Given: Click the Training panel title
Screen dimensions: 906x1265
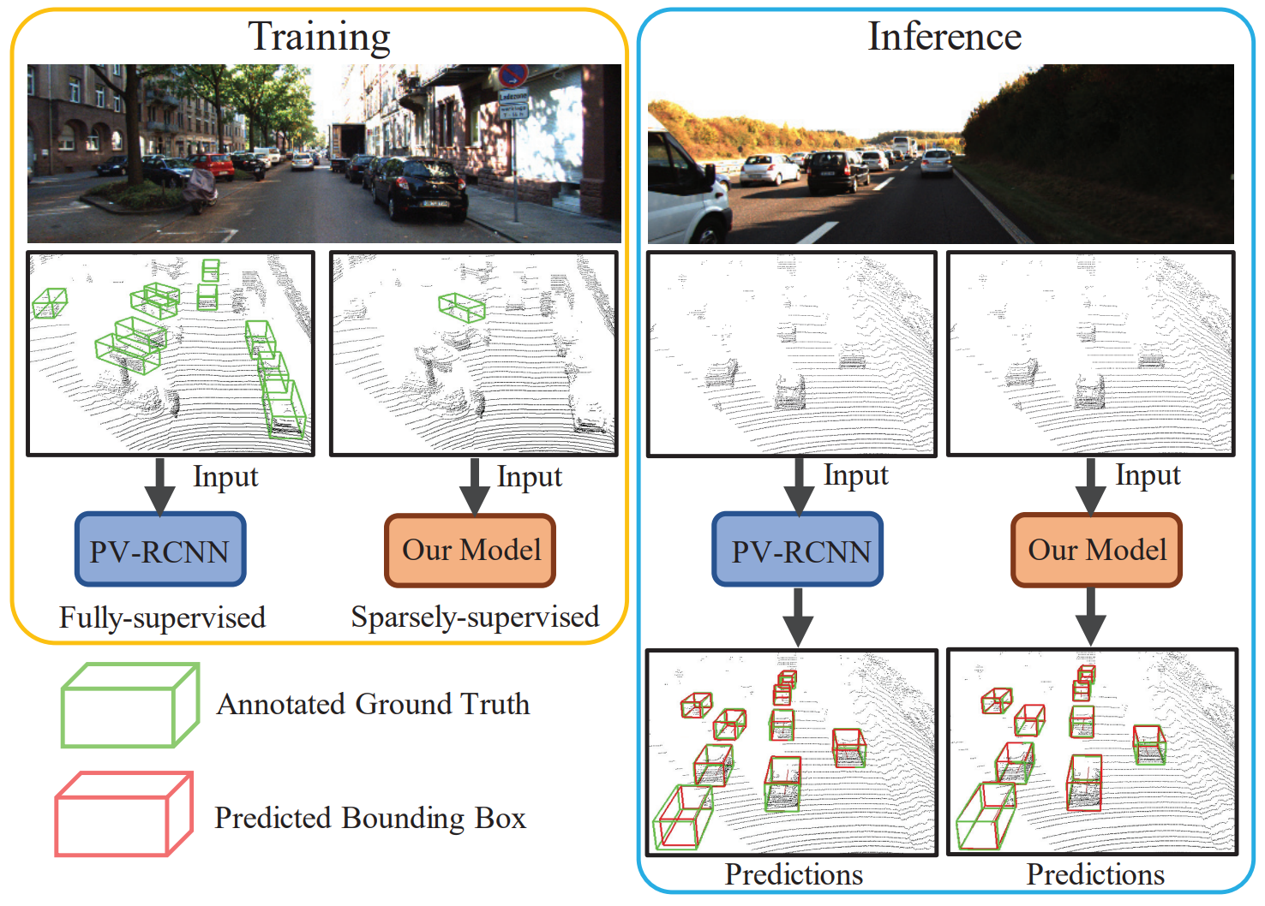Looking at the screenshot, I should (x=319, y=37).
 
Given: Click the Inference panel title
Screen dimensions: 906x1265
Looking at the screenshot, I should (x=944, y=37).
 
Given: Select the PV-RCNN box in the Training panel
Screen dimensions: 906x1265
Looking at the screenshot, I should (x=160, y=550).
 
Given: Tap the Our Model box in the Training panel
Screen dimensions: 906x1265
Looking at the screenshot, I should (x=471, y=550).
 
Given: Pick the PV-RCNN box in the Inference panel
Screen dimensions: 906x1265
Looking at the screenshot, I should (x=798, y=550).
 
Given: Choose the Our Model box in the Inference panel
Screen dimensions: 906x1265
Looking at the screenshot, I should (x=1096, y=550).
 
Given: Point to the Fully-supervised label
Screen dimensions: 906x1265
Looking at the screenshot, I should (x=162, y=617).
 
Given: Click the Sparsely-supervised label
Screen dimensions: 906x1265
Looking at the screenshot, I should (x=475, y=617).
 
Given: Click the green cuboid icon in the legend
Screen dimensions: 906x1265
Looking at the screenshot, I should (x=129, y=706).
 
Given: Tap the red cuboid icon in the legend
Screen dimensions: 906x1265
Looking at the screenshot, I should (x=123, y=814).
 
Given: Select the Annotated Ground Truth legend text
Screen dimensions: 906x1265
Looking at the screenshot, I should (x=373, y=704).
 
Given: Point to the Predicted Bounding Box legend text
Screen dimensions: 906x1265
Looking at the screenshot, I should (x=369, y=818).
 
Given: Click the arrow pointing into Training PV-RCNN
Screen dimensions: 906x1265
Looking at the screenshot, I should (x=159, y=486).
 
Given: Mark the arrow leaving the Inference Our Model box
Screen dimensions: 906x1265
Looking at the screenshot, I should (x=1090, y=617).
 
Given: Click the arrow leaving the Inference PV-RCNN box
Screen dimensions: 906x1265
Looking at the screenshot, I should (x=798, y=617).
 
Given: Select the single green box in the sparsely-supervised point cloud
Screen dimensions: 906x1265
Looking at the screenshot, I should (x=462, y=307).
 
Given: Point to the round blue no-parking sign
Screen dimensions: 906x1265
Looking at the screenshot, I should (x=513, y=76).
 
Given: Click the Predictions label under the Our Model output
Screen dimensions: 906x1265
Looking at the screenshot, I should (x=1095, y=874).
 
